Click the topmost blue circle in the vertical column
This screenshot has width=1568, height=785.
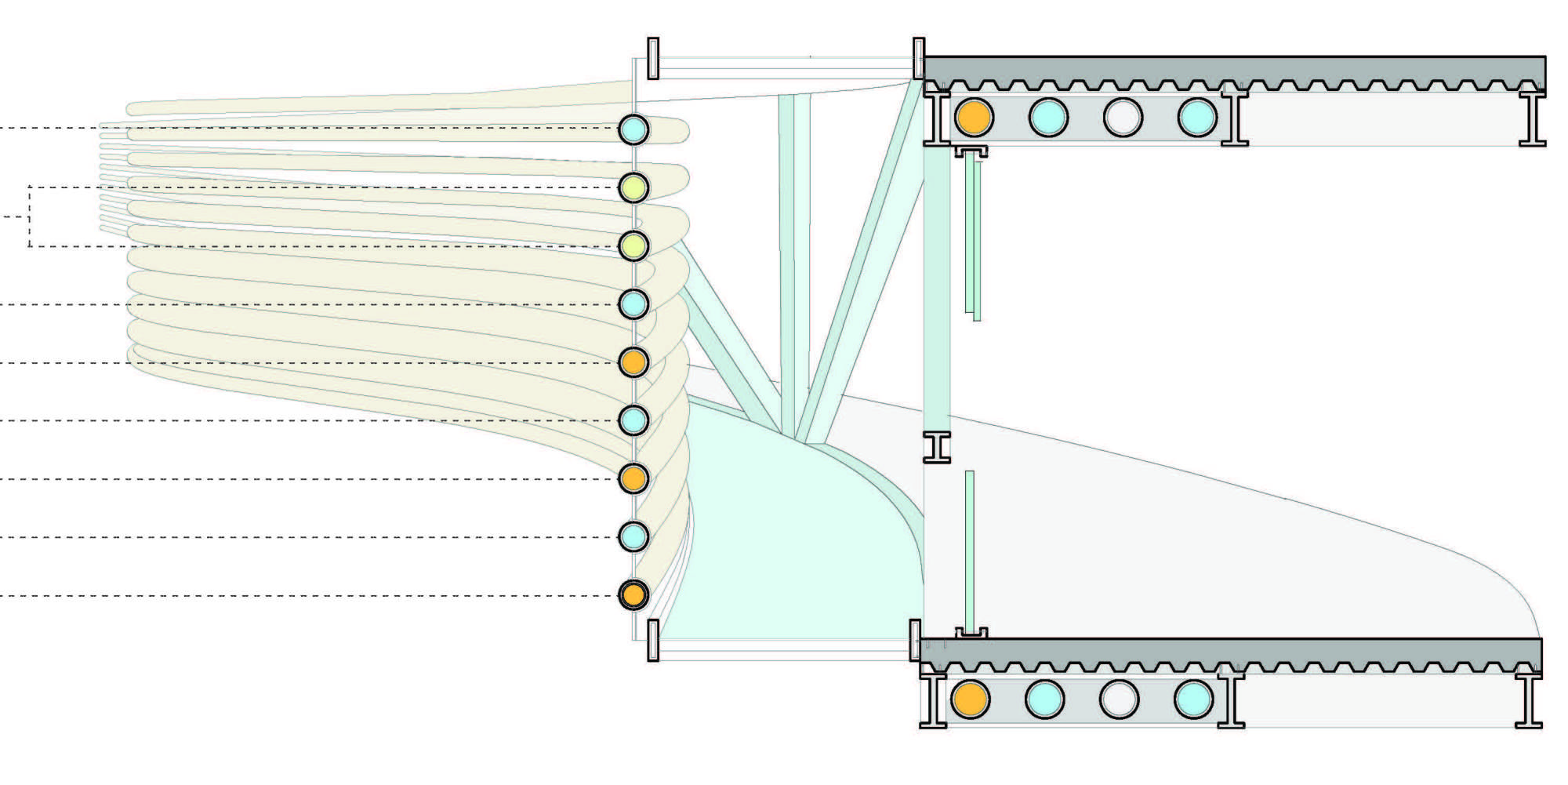click(633, 129)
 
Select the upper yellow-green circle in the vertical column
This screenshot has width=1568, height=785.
click(633, 188)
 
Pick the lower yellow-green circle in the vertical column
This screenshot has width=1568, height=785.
click(633, 246)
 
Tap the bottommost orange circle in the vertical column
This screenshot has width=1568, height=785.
click(633, 594)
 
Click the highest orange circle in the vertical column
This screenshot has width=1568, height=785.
click(633, 362)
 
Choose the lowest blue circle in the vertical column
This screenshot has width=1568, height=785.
click(633, 536)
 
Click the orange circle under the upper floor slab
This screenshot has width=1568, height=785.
click(974, 117)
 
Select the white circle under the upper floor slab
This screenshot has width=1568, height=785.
click(1123, 118)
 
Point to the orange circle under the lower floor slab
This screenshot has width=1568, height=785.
click(970, 700)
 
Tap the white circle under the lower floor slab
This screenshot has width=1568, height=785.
click(1119, 700)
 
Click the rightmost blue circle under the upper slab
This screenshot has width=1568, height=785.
click(1197, 118)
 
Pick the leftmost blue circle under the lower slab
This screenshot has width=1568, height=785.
click(1044, 700)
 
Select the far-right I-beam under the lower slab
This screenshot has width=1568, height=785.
click(1528, 700)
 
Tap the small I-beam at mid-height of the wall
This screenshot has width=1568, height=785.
click(936, 447)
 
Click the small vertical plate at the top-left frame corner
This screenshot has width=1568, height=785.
click(653, 58)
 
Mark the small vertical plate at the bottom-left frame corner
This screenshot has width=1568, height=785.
click(653, 640)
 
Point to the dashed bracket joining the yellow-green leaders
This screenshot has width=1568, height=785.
click(29, 216)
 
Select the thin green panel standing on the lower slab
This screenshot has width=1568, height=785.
click(970, 549)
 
